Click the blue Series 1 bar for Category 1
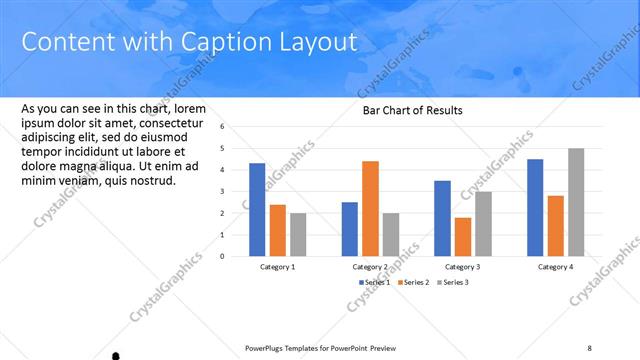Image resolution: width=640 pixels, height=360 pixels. (257, 209)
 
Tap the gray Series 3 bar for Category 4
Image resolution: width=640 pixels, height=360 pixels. (576, 202)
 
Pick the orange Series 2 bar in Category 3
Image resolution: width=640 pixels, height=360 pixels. (462, 236)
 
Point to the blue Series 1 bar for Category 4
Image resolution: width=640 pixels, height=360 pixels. (535, 207)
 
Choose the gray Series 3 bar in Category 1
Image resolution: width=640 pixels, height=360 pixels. (298, 234)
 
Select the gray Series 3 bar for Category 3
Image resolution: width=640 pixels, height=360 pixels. (483, 223)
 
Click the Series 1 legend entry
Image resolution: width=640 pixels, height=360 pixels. (374, 282)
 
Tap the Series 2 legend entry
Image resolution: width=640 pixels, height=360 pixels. (415, 282)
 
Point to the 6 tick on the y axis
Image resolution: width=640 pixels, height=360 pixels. (236, 127)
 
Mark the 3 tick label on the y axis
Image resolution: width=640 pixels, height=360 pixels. (236, 191)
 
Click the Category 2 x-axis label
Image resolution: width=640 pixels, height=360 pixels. (370, 267)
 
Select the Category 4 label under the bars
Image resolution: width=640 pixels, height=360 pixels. (555, 267)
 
